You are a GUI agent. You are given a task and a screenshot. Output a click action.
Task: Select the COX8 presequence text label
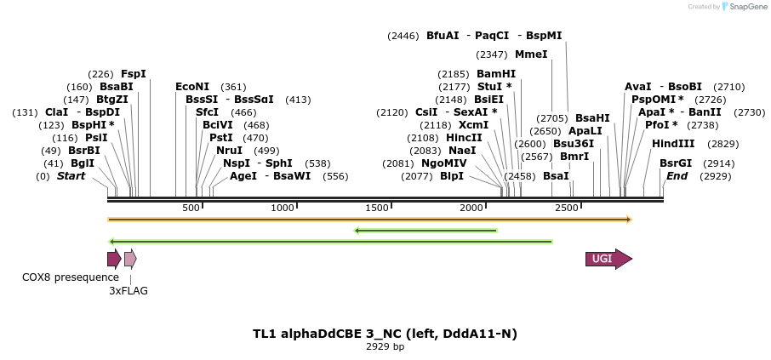71,277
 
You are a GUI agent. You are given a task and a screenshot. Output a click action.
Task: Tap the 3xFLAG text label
128,291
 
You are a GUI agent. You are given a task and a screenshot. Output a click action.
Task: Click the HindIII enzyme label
673,144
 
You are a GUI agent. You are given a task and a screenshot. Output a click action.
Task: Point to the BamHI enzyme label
496,74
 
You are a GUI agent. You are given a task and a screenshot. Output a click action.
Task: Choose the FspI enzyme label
134,74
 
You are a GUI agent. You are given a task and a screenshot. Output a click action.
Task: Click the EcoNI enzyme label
192,87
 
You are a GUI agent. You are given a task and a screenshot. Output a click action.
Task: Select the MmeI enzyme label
531,54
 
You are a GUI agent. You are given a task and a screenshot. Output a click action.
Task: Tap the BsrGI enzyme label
676,163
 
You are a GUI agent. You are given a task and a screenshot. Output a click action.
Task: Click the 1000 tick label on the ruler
283,209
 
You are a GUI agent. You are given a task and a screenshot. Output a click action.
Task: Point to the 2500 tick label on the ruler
566,209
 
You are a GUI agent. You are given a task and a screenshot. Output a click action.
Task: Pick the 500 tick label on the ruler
191,209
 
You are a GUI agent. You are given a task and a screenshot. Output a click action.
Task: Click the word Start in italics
71,176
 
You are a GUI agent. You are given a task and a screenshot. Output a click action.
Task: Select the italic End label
677,176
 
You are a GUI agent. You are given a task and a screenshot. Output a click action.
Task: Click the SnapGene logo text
745,7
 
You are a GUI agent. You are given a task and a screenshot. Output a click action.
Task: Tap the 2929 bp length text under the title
385,346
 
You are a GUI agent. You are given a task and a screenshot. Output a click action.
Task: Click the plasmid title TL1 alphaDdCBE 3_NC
385,334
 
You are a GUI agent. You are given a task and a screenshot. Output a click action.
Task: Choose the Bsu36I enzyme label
574,144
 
